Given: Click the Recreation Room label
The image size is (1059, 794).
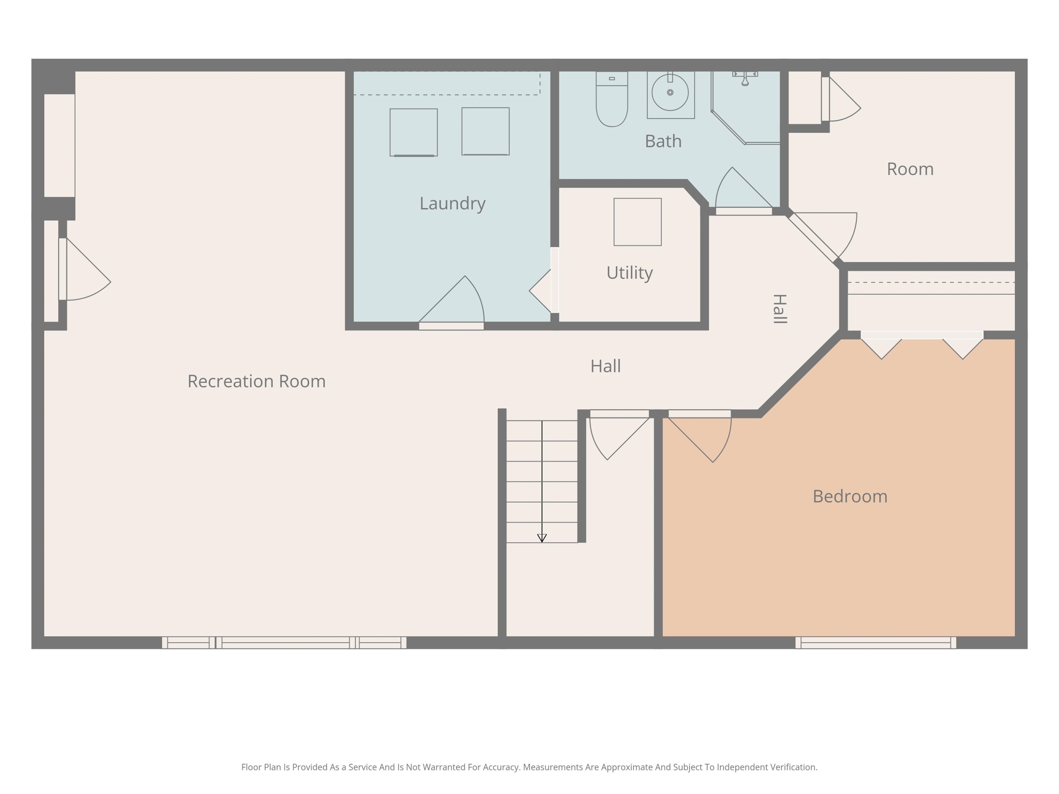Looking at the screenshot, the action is (x=256, y=381).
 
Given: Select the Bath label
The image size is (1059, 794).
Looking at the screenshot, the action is (x=663, y=141).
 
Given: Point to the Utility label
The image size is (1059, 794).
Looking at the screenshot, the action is (x=629, y=273).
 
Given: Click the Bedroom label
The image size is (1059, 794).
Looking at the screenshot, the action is (x=850, y=496).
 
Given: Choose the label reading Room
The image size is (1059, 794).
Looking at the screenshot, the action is (x=910, y=169).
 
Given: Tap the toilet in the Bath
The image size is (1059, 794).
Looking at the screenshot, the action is (x=612, y=99).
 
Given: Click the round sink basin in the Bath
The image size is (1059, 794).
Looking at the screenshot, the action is (x=670, y=92).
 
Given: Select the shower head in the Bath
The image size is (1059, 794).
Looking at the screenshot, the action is (x=745, y=79).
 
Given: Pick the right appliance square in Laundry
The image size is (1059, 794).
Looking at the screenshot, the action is (x=485, y=132).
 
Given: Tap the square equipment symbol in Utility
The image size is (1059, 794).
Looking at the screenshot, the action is (x=638, y=222).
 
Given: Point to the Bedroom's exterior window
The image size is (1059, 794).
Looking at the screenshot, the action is (x=876, y=643).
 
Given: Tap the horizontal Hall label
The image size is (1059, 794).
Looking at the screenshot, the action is (x=606, y=367).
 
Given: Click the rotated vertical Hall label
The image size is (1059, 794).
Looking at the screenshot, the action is (x=780, y=309).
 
